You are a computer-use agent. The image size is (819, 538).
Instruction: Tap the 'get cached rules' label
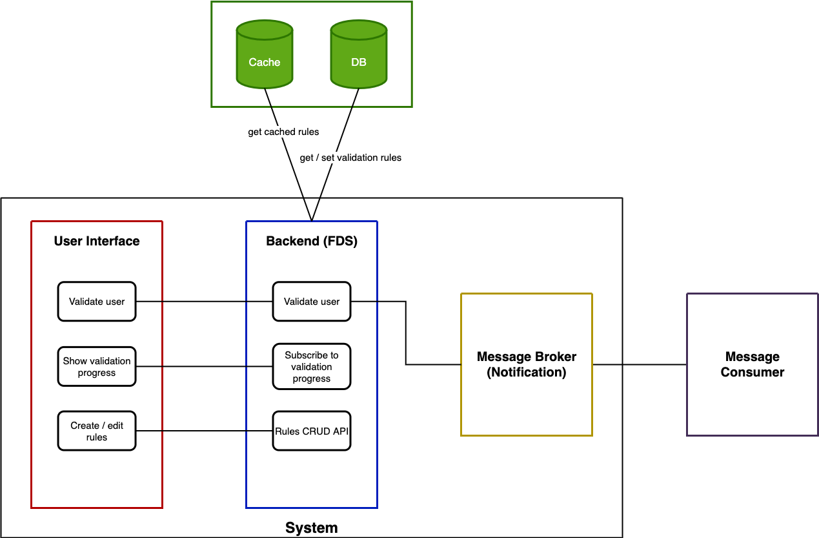coord(283,132)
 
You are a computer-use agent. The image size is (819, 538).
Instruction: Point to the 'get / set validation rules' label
coord(350,158)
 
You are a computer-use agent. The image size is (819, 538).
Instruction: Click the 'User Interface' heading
coord(97,241)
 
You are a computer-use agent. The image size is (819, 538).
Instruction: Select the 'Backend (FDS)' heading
coord(312,241)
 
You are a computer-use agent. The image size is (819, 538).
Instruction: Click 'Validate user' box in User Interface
coord(97,302)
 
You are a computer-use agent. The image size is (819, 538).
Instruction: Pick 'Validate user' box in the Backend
coord(312,302)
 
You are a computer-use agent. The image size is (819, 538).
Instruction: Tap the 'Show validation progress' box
coord(97,367)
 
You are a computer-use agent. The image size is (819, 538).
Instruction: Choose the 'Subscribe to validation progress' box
coord(312,367)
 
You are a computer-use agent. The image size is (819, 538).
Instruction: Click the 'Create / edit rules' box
coord(97,431)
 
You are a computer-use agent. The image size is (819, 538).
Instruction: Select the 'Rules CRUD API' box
coord(312,431)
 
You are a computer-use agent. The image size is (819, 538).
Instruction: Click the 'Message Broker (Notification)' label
coord(527,364)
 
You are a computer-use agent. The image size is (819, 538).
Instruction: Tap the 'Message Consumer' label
coord(753,364)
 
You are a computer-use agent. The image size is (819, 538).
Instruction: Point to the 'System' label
coord(311,528)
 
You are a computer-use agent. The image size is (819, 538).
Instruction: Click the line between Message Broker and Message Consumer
coord(640,365)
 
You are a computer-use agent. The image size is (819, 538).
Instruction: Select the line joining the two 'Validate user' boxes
coord(204,302)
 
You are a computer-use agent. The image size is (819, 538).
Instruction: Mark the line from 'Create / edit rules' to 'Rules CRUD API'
coord(204,431)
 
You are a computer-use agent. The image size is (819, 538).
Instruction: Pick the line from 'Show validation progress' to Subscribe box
coord(204,367)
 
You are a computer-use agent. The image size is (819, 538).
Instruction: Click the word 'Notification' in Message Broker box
coord(527,373)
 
